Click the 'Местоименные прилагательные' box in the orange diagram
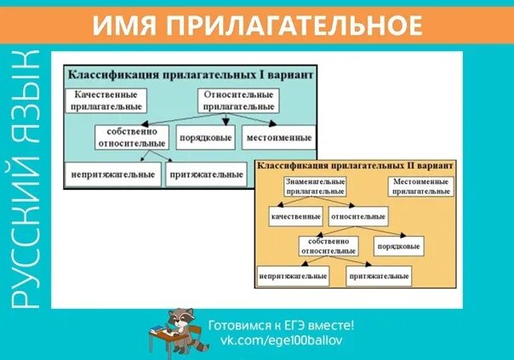tap(420, 186)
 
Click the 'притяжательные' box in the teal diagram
tap(205, 174)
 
